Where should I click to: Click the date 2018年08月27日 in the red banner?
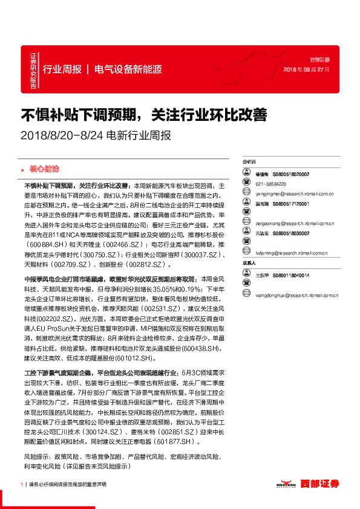[x=307, y=70]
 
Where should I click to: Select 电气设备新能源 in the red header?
[x=128, y=70]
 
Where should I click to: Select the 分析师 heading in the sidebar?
[x=249, y=163]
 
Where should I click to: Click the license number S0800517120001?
[x=290, y=204]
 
